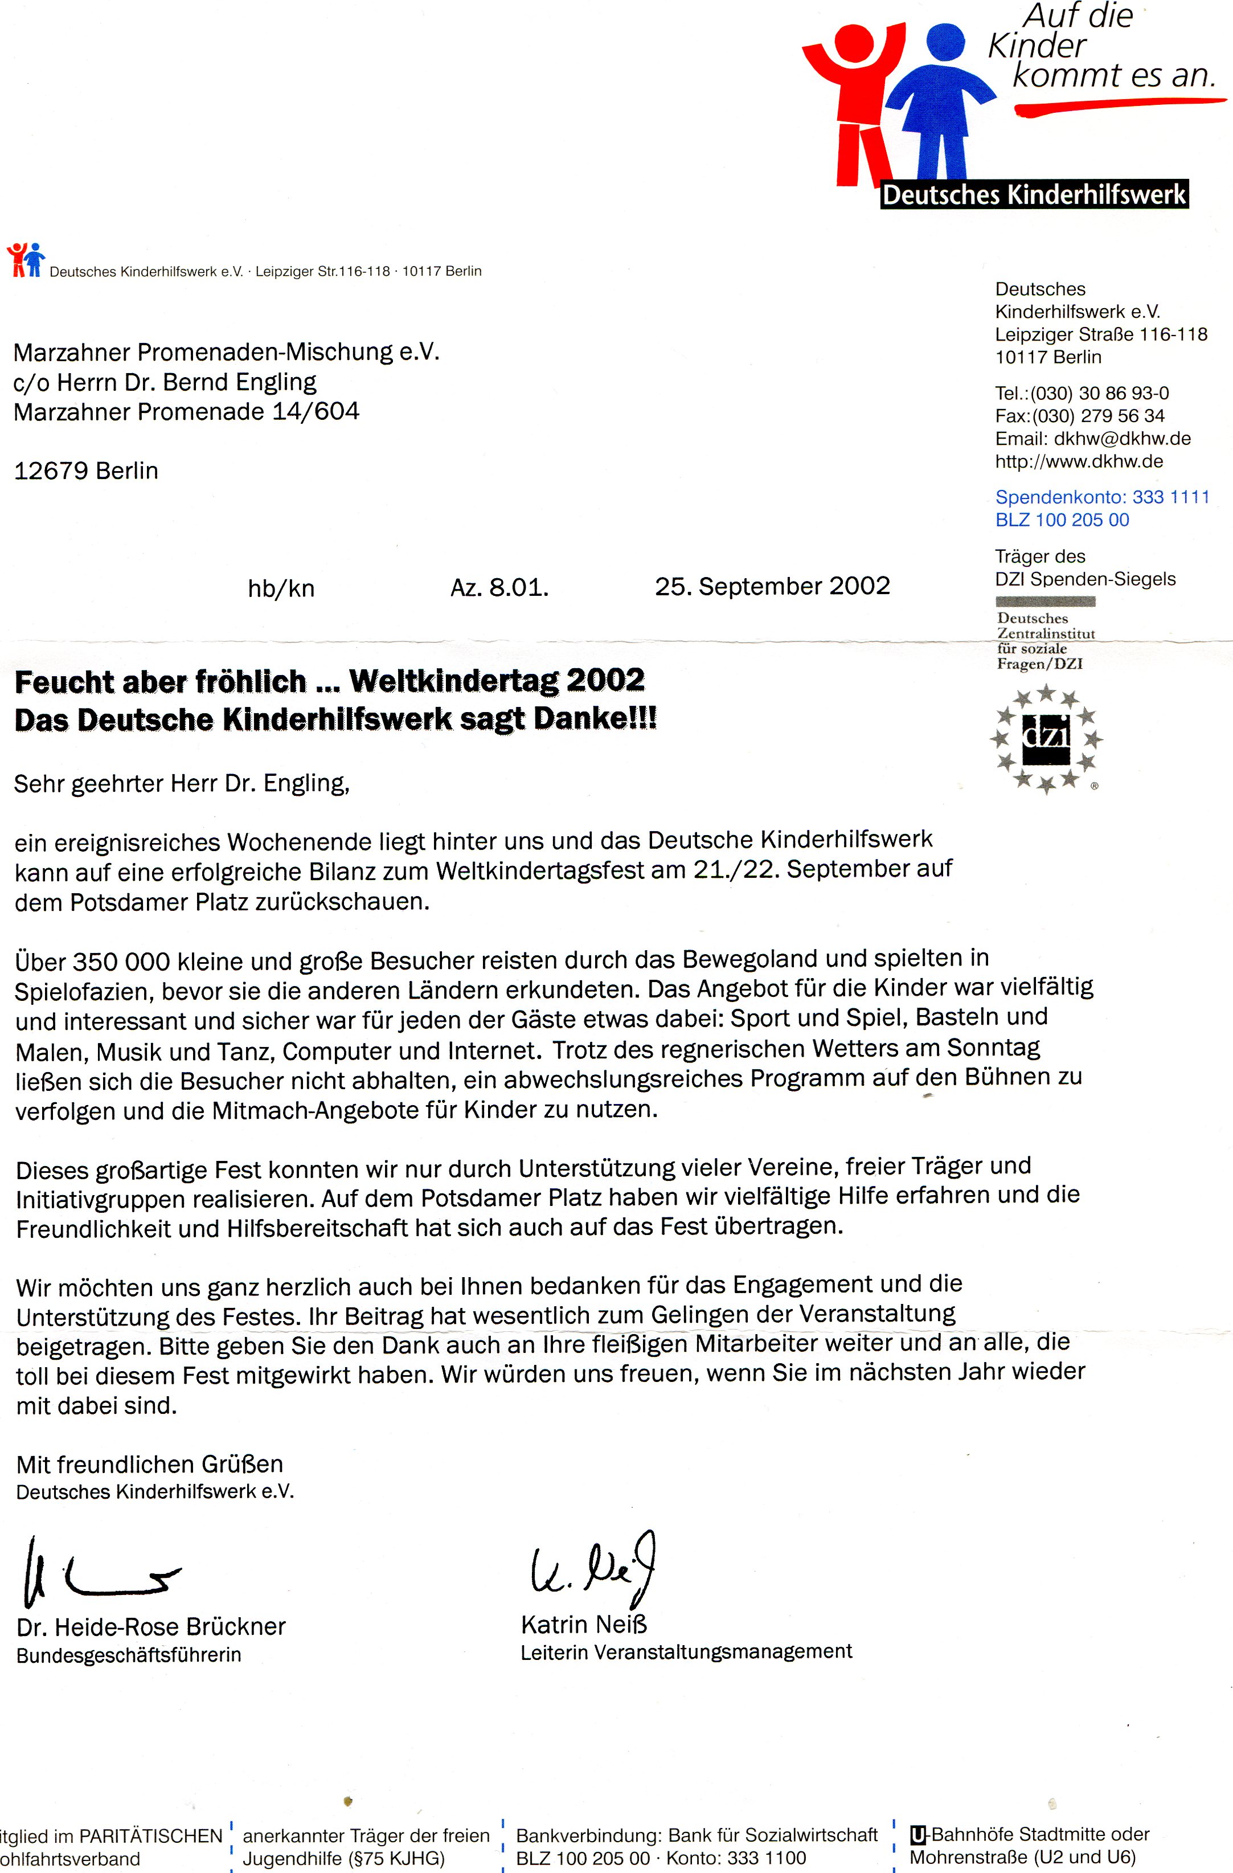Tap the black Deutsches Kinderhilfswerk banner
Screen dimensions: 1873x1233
pos(1033,194)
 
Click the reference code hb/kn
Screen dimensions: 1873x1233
pos(281,588)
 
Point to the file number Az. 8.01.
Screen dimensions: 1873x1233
pos(499,588)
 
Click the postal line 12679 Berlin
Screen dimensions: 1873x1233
pos(86,471)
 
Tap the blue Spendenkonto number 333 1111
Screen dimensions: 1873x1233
pos(1170,497)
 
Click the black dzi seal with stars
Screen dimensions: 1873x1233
pos(1046,738)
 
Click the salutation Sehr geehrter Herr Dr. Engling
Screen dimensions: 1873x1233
pos(181,783)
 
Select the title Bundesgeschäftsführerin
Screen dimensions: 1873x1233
pos(128,1654)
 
